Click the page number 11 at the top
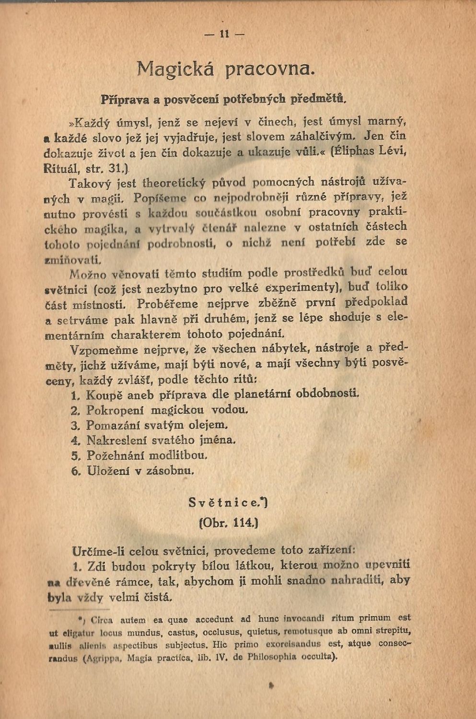pos(224,34)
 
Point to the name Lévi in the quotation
pos(393,151)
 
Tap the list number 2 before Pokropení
pos(74,411)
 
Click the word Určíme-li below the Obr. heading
pos(102,550)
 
